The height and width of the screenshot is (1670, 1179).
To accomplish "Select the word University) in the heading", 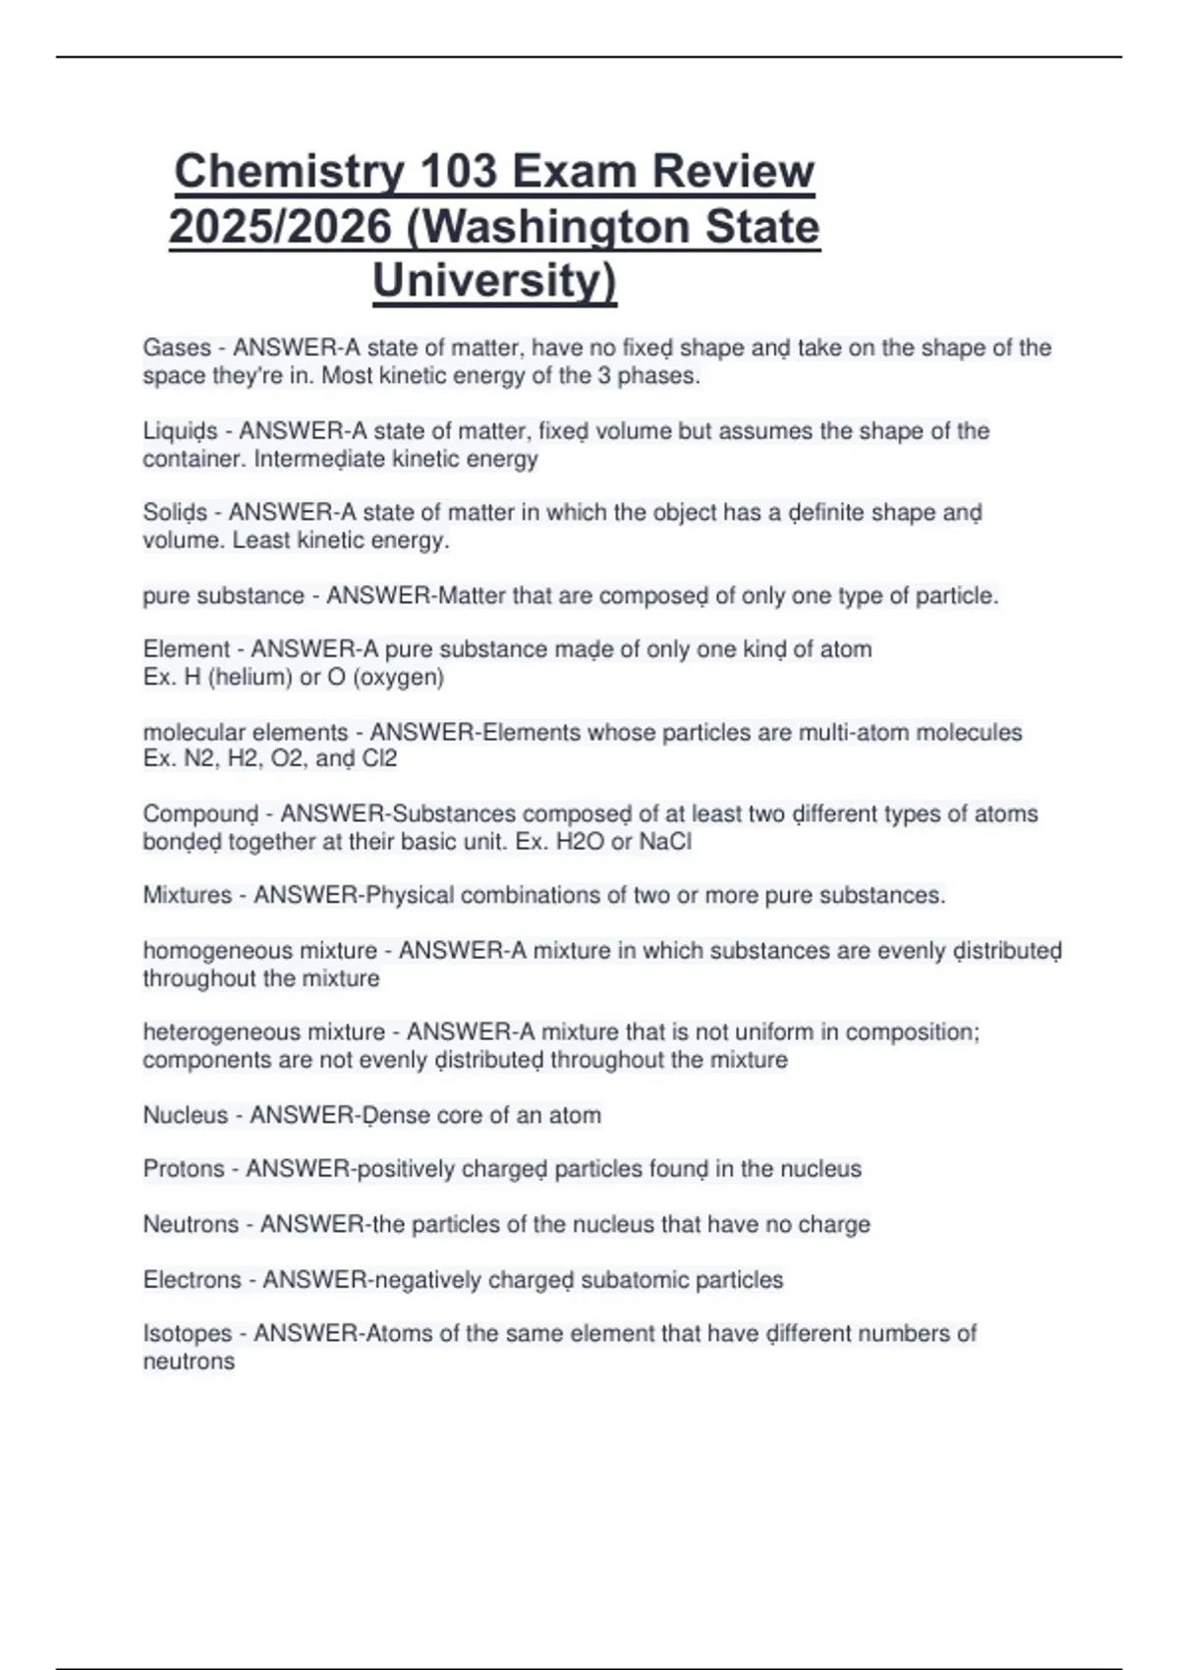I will tap(494, 281).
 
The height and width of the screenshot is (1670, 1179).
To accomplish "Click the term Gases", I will tap(177, 348).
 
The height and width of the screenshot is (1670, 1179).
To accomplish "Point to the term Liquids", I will tap(180, 431).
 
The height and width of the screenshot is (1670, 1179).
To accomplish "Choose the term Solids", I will tap(175, 513).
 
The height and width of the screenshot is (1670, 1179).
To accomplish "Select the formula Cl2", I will tap(378, 758).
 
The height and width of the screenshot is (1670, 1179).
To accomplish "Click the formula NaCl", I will tap(665, 842).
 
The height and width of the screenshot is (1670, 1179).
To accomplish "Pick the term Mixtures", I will tap(187, 896).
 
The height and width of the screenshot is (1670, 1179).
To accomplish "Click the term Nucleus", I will tap(185, 1116).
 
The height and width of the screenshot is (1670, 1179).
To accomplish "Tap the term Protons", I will tap(184, 1169).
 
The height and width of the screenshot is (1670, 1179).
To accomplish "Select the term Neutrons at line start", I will tap(191, 1225).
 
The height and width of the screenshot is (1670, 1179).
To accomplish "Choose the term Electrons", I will tap(192, 1280).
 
